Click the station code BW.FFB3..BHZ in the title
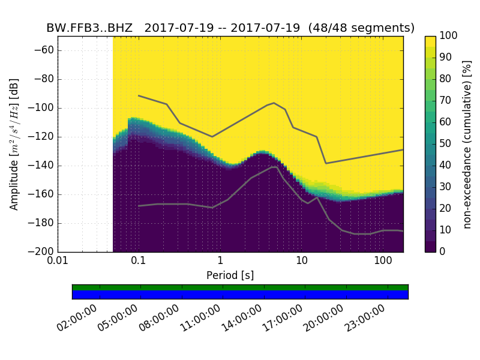tap(89, 28)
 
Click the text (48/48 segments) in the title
tap(367, 28)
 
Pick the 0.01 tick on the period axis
tap(58, 262)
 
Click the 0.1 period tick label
tap(139, 262)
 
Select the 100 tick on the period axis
tap(382, 262)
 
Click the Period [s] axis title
tap(230, 275)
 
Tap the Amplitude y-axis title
tap(14, 144)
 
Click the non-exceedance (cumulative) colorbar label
tap(467, 144)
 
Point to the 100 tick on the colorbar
tap(449, 36)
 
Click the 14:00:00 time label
tap(241, 319)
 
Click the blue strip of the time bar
tap(240, 295)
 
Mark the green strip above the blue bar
tap(240, 287)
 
